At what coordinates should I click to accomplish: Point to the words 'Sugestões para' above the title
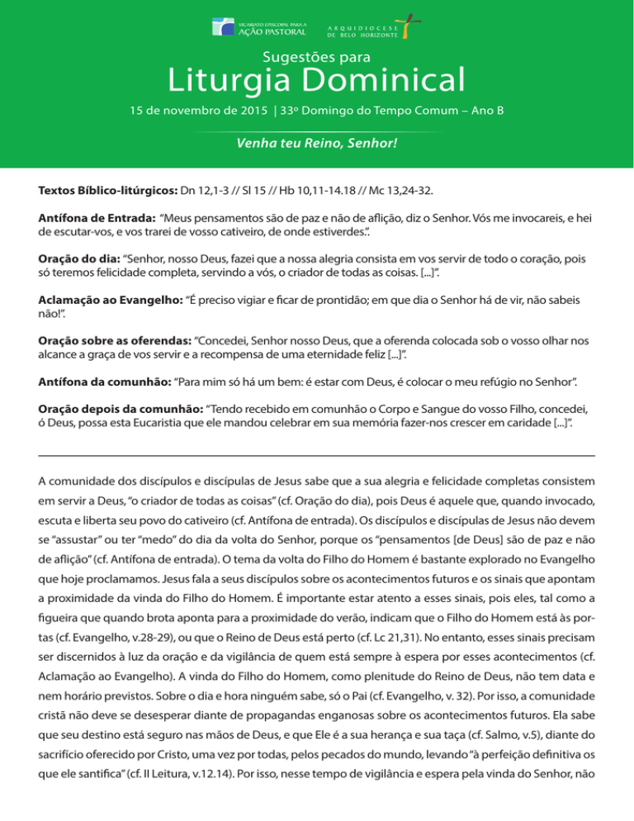coord(316,57)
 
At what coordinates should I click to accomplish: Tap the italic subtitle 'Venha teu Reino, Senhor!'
coord(317,144)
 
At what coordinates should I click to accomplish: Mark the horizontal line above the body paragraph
coord(317,455)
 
